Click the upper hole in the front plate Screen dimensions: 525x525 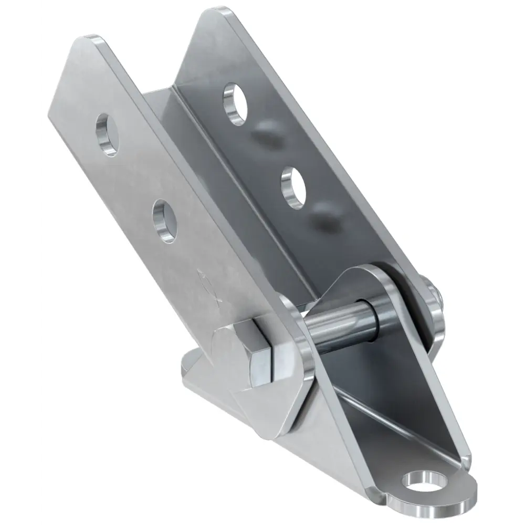(x=107, y=135)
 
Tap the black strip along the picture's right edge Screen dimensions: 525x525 (x=506, y=262)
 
